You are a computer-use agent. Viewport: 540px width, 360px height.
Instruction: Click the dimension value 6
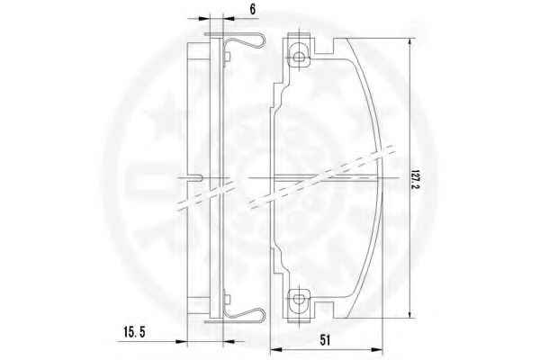[253, 9]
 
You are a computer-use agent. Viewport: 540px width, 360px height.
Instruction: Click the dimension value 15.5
[135, 332]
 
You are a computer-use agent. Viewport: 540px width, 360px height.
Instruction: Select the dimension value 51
[325, 340]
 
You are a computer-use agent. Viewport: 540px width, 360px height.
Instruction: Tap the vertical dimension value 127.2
[415, 179]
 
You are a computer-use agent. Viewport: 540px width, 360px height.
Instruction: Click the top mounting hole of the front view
[299, 57]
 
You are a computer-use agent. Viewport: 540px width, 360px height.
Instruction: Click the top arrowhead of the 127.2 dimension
[409, 42]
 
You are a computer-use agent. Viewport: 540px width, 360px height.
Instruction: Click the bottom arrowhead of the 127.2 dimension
[409, 313]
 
